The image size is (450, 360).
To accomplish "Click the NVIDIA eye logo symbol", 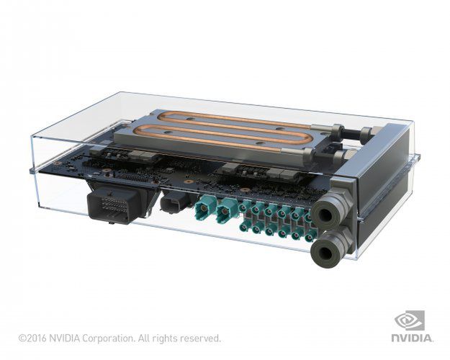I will [411, 320].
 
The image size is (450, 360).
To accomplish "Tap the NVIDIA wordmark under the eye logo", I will [412, 337].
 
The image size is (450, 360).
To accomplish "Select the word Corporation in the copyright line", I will [107, 338].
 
